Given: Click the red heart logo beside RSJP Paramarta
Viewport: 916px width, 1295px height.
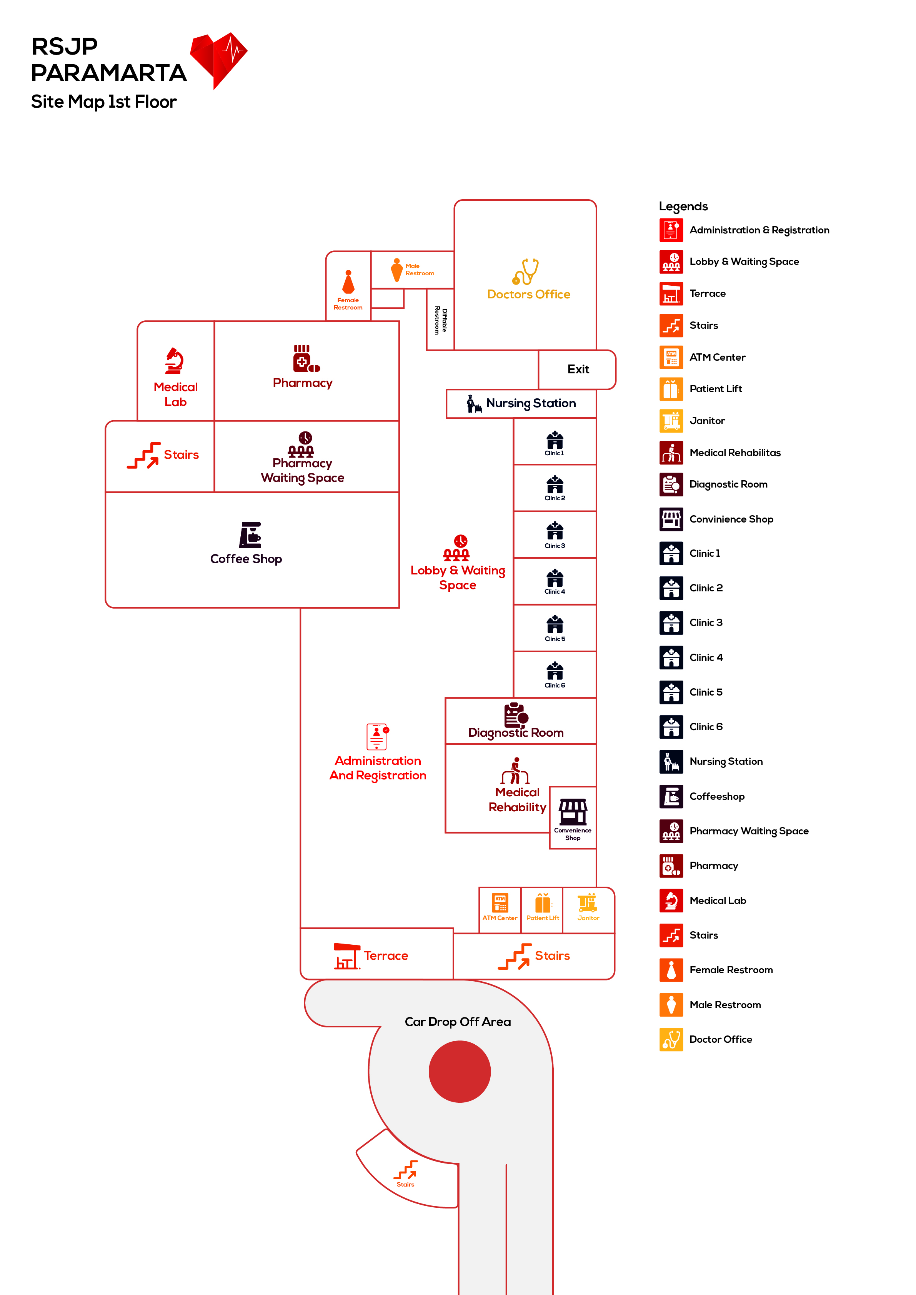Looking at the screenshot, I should tap(218, 59).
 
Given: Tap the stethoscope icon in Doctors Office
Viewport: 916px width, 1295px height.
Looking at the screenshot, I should tap(526, 271).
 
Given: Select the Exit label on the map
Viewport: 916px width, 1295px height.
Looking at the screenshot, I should tap(578, 370).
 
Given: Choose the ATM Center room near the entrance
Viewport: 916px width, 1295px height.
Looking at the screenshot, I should tap(500, 907).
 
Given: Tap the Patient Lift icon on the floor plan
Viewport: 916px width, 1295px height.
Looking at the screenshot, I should tap(543, 903).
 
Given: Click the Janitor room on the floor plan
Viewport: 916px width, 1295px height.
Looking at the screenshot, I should tap(588, 907).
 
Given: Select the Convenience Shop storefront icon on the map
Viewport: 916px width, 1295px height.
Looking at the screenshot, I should tap(573, 812).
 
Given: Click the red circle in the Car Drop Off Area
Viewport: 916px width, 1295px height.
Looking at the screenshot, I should tap(460, 1072).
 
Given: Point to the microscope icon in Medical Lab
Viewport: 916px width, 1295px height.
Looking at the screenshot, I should tap(174, 361).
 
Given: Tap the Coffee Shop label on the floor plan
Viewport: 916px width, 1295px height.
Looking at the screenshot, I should tap(246, 559).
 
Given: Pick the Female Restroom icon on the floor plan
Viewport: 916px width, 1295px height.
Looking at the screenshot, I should tap(348, 282).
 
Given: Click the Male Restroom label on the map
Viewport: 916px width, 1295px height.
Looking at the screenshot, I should tap(420, 270).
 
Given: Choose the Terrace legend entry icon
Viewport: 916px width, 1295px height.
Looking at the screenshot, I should tap(671, 293).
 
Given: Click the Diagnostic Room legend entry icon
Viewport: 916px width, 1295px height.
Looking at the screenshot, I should tap(671, 484).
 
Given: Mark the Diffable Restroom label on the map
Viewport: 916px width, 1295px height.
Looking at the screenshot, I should tap(441, 320).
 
